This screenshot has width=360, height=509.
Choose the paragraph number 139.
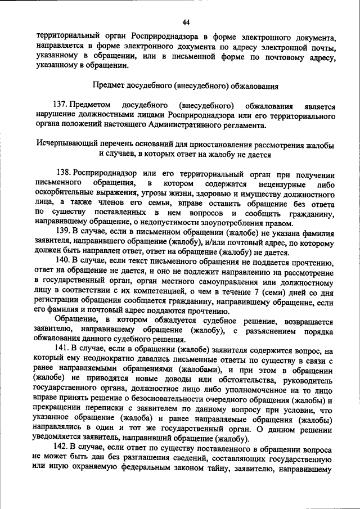pos(65,232)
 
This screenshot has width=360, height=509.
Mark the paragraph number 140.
pos(65,262)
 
